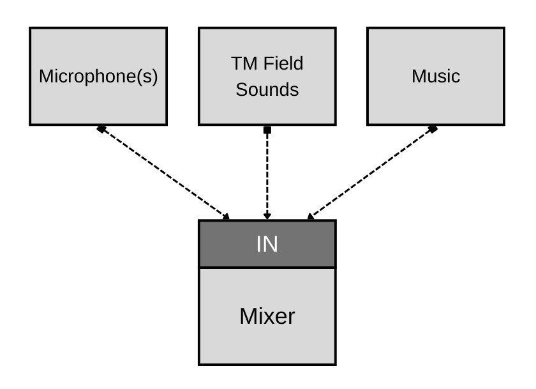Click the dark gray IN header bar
[x=267, y=244]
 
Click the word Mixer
[x=267, y=316]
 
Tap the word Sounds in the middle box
[x=267, y=89]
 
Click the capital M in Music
[x=418, y=77]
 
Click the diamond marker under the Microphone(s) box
[x=101, y=129]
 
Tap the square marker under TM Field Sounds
[x=267, y=130]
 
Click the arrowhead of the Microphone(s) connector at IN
[x=226, y=217]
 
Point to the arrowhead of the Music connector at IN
[x=309, y=217]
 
